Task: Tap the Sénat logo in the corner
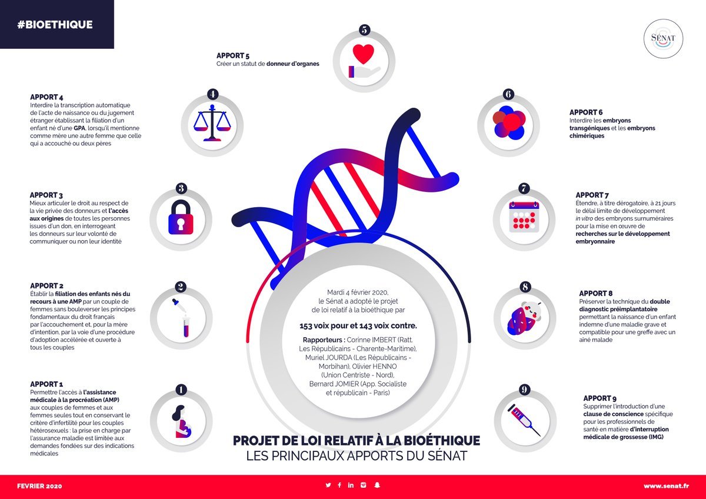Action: coord(663,38)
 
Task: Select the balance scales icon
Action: coord(212,122)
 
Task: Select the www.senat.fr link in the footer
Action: coord(665,486)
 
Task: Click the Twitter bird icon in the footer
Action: coord(328,485)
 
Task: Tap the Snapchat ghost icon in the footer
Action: coord(378,485)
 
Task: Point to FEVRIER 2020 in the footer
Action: coord(39,486)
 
